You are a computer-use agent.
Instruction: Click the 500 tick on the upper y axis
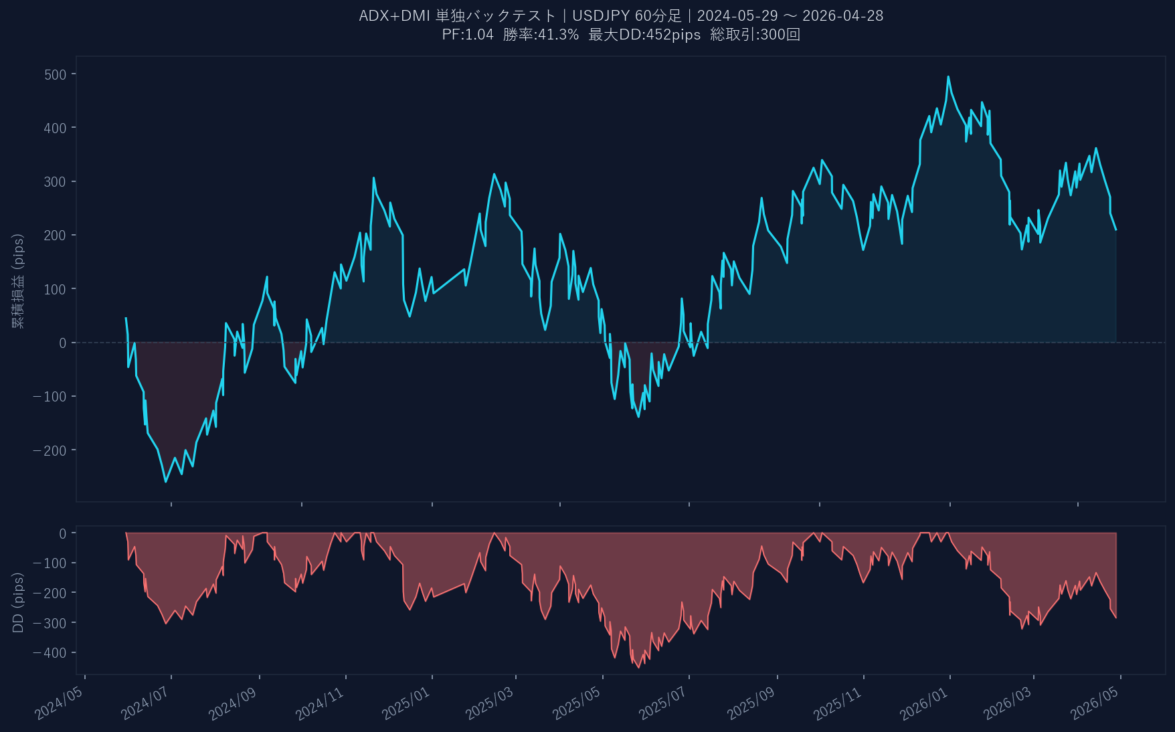pos(56,74)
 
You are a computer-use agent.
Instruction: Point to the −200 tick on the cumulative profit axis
pos(50,450)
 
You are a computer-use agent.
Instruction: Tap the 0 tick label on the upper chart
pos(63,343)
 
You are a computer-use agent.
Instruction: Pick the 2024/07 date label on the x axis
pos(145,703)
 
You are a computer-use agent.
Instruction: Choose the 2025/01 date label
pos(406,703)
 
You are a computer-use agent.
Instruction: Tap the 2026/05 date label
pos(1095,703)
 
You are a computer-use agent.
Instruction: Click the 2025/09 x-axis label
pos(751,703)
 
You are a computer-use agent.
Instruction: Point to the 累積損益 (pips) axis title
pos(18,281)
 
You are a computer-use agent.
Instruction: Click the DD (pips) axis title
pos(18,602)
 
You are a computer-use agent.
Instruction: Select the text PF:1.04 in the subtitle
pos(468,35)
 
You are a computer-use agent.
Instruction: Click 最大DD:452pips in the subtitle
pos(644,35)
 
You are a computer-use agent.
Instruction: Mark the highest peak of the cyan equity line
pos(948,77)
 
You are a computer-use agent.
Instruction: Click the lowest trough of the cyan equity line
pos(166,482)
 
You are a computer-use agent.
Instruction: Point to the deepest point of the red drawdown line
pos(638,667)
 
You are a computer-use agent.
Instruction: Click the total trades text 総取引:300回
pos(755,35)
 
